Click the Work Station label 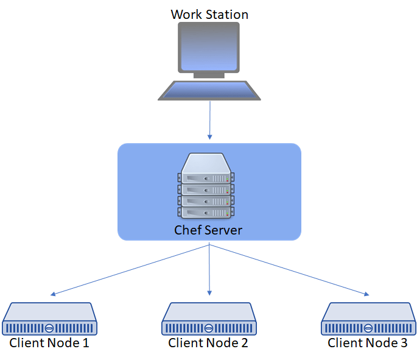click(209, 14)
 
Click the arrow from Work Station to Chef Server click(209, 119)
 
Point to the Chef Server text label click(208, 230)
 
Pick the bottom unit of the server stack click(206, 212)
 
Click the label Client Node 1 click(49, 343)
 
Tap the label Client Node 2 click(208, 343)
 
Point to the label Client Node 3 click(368, 343)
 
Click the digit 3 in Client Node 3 click(404, 343)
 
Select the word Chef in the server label click(186, 230)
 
